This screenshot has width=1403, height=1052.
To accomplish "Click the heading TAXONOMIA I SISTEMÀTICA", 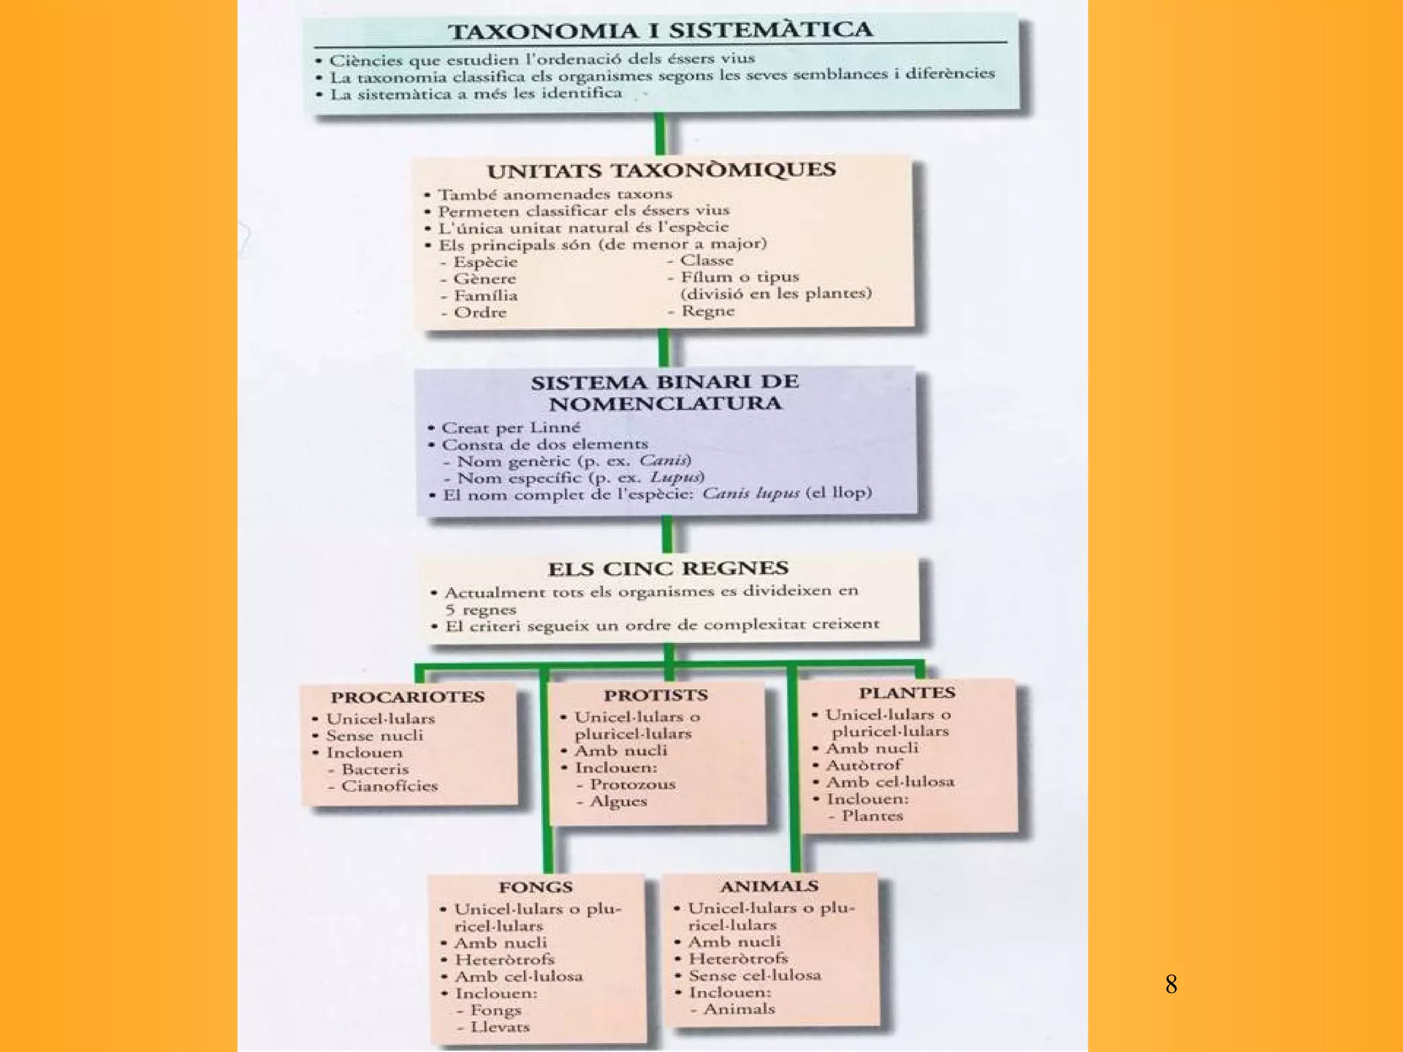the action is [660, 31].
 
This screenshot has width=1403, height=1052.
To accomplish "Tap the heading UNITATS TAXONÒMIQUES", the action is [661, 170].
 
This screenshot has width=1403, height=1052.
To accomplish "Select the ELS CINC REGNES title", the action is [668, 568].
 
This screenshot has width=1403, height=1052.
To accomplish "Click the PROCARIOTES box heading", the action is [408, 697].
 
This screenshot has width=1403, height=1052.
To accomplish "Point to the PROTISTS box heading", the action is [656, 695].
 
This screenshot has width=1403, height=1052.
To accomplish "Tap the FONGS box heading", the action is [536, 887].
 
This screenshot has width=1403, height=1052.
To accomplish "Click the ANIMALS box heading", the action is [769, 886].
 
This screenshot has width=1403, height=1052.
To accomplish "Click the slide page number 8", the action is [1171, 984].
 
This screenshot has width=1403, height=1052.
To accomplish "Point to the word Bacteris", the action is [375, 769].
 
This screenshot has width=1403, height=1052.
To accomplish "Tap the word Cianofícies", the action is [389, 786].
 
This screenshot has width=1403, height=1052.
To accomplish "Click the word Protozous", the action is [632, 784].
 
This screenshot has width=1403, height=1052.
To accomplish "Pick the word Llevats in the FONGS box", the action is [500, 1027].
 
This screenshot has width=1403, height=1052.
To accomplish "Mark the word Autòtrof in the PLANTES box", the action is [864, 765].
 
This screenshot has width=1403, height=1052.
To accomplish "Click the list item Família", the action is [486, 296].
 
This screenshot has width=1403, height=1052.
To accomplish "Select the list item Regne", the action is [708, 311].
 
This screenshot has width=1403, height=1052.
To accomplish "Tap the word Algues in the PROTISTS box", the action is [618, 801].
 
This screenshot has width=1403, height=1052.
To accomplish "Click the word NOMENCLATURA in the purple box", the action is [665, 403].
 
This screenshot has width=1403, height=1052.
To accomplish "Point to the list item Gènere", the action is [484, 279].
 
